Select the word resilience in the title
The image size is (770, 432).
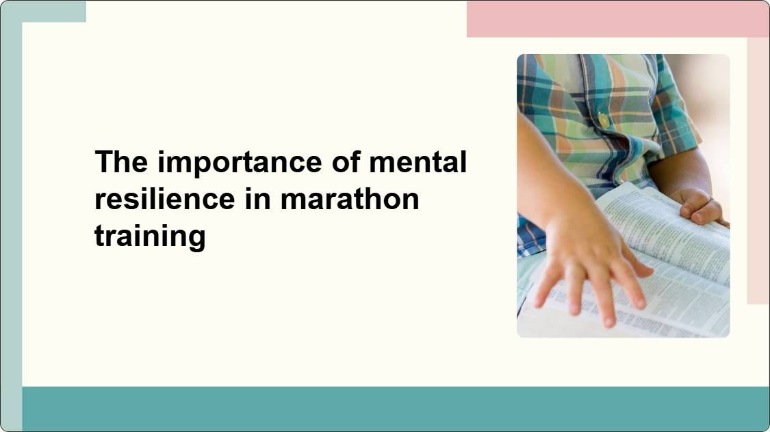point(164,199)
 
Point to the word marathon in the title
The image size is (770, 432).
point(350,199)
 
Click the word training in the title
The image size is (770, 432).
point(150,236)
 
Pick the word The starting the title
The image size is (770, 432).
point(121,163)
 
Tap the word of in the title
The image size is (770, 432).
point(346,163)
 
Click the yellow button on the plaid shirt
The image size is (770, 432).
point(604,120)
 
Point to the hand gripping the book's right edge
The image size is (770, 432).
point(698,206)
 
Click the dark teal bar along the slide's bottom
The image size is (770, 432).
point(396,408)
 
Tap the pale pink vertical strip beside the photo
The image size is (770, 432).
point(758,171)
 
